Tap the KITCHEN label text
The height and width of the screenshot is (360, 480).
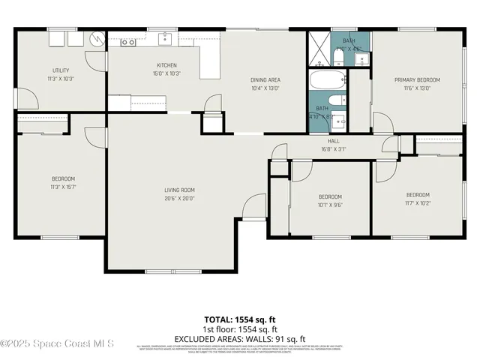point(166,65)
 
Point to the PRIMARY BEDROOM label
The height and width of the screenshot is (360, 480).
point(417,79)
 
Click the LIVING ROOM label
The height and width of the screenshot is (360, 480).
point(180,190)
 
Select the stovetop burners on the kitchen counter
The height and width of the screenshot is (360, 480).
point(128,43)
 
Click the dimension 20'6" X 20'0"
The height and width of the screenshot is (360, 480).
point(180,199)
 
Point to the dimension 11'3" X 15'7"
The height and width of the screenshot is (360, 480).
point(62,187)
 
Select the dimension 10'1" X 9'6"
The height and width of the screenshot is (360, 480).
point(331,204)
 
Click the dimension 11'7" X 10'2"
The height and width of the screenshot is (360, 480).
point(418,202)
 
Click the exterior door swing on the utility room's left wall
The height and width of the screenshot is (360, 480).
point(25,97)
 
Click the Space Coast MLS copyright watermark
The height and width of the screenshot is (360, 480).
point(57,344)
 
